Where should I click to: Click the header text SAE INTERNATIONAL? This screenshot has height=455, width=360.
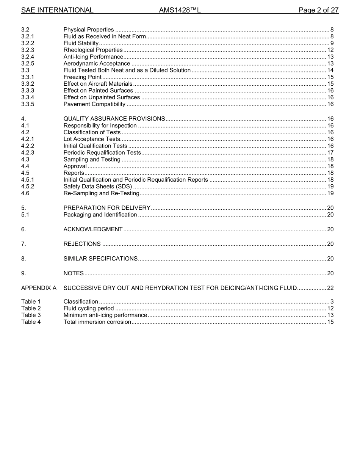pyautogui.click(x=57, y=10)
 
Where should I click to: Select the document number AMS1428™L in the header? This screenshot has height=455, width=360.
pyautogui.click(x=180, y=10)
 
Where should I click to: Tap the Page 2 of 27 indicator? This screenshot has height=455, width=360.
pyautogui.click(x=318, y=10)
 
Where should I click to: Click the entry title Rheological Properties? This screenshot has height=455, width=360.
pyautogui.click(x=93, y=50)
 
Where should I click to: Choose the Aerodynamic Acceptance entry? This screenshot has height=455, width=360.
pyautogui.click(x=97, y=64)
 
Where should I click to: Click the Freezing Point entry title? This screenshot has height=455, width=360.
pyautogui.click(x=82, y=77)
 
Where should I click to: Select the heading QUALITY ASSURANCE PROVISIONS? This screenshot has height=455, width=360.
pyautogui.click(x=114, y=119)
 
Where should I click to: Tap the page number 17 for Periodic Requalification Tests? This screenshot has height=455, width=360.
pyautogui.click(x=330, y=153)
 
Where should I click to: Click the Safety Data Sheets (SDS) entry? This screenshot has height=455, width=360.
pyautogui.click(x=98, y=187)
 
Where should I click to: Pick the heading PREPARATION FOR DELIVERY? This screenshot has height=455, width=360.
pyautogui.click(x=107, y=208)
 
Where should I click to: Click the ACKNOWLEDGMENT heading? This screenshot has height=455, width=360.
pyautogui.click(x=93, y=229)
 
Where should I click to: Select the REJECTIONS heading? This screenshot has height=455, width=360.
pyautogui.click(x=82, y=244)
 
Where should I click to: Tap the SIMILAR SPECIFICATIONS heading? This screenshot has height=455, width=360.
pyautogui.click(x=100, y=259)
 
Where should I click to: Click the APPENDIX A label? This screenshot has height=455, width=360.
pyautogui.click(x=39, y=288)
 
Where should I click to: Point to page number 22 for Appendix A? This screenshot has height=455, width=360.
pyautogui.click(x=330, y=288)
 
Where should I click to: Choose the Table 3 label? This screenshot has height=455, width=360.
pyautogui.click(x=31, y=315)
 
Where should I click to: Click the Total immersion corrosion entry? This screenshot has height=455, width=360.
pyautogui.click(x=97, y=322)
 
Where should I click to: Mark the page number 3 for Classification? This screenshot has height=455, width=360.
pyautogui.click(x=332, y=302)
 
